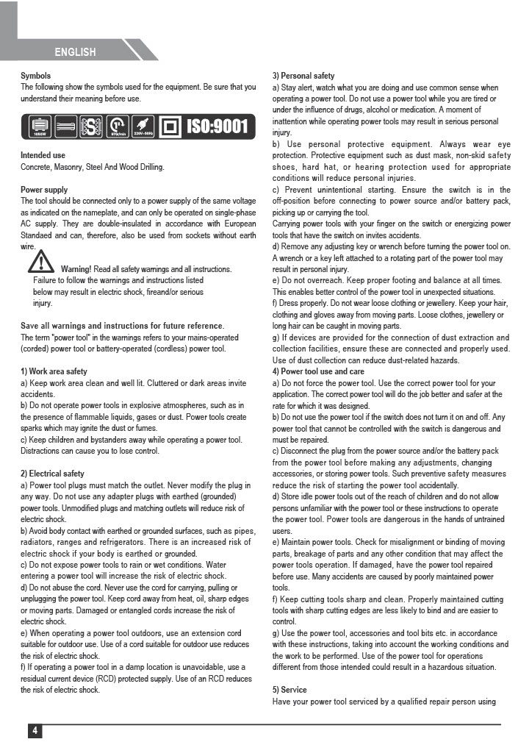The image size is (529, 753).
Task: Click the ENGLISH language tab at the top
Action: pyautogui.click(x=75, y=52)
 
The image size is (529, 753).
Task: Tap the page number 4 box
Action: pyautogui.click(x=35, y=730)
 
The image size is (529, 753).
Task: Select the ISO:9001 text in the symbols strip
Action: pyautogui.click(x=217, y=126)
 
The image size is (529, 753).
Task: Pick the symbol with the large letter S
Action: pyautogui.click(x=91, y=126)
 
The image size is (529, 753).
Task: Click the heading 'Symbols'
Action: pyautogui.click(x=35, y=76)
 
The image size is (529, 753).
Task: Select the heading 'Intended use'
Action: pyautogui.click(x=43, y=156)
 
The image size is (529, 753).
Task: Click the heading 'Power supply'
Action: pyautogui.click(x=44, y=190)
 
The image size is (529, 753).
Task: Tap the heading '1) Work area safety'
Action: pyautogui.click(x=54, y=371)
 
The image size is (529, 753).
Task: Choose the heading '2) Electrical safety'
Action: pyautogui.click(x=52, y=474)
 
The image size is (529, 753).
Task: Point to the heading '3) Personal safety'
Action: pyautogui.click(x=303, y=76)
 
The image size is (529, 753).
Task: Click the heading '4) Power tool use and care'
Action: pyautogui.click(x=318, y=371)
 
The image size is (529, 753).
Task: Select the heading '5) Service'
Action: pyautogui.click(x=289, y=690)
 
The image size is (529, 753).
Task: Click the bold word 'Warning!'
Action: pyautogui.click(x=76, y=269)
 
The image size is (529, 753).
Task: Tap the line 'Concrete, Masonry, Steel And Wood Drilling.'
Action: pyautogui.click(x=93, y=167)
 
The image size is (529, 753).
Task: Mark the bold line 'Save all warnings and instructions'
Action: pyautogui.click(x=122, y=326)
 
